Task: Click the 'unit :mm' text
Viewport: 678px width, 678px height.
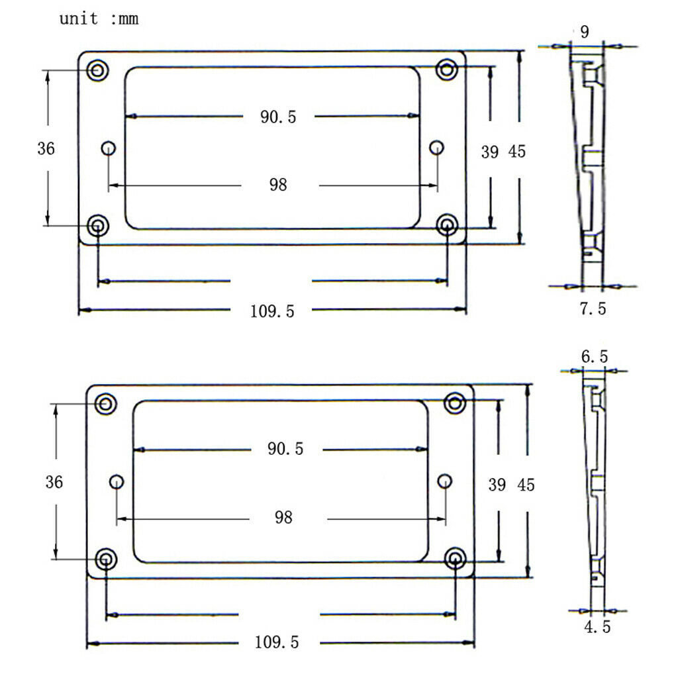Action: tap(99, 19)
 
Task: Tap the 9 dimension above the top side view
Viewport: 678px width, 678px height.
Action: tap(585, 32)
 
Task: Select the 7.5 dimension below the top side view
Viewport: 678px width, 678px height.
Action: tap(593, 309)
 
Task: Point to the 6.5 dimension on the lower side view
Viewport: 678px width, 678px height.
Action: tap(595, 357)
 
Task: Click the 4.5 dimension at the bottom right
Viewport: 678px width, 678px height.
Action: tap(597, 627)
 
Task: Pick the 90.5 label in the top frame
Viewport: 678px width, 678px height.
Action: tap(278, 117)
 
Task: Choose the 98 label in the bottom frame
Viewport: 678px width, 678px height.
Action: tap(283, 517)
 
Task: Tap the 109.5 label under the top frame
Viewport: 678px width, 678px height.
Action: tap(272, 311)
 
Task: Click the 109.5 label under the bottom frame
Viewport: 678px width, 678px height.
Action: tap(277, 642)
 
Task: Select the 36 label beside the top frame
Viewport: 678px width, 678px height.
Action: tap(46, 149)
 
